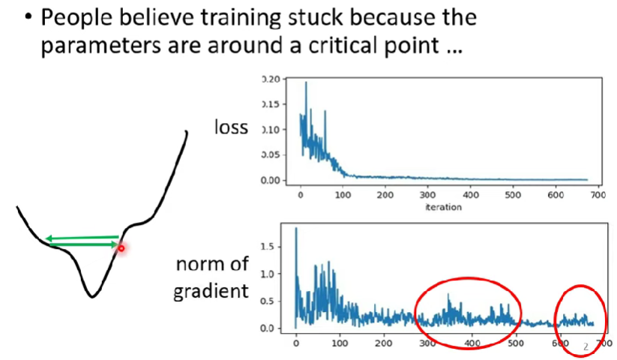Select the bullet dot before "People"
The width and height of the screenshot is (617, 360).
click(x=28, y=17)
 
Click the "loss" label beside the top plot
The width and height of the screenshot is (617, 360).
click(x=231, y=127)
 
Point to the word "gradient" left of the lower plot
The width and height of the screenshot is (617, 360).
click(x=211, y=292)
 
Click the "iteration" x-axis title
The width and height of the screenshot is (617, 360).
click(x=444, y=207)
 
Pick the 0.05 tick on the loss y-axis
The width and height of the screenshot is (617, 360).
click(x=271, y=155)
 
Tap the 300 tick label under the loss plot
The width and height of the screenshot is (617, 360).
click(x=427, y=195)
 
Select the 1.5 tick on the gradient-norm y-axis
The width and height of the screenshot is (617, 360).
click(x=267, y=247)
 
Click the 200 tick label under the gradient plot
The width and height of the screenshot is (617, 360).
click(x=383, y=343)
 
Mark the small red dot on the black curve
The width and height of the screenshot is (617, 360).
click(x=121, y=248)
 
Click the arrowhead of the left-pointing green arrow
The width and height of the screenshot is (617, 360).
click(x=49, y=238)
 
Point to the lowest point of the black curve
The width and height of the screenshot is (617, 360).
click(x=91, y=297)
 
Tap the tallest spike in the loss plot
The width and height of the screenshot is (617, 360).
click(x=306, y=82)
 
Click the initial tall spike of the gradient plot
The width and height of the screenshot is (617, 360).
click(x=296, y=228)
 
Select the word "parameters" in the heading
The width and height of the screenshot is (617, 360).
click(x=101, y=45)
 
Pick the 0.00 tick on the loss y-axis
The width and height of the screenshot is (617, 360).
click(x=271, y=180)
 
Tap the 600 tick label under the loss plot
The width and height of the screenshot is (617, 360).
click(x=556, y=195)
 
